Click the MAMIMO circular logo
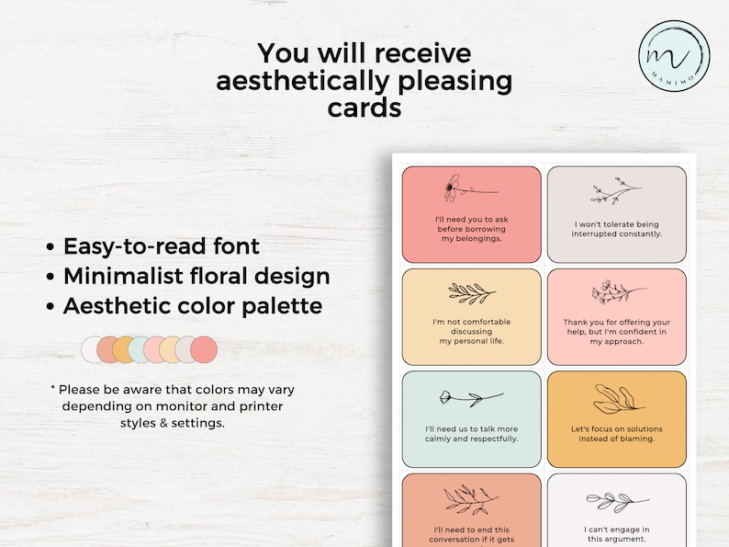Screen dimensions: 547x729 [675, 53]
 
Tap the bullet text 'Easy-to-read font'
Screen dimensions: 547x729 [162, 246]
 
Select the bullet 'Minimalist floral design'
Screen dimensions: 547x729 [196, 276]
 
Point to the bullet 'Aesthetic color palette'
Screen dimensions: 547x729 [193, 305]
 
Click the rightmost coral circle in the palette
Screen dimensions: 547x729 [204, 349]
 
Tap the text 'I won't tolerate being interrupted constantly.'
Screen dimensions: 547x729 [617, 228]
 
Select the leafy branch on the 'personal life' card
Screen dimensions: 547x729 [471, 293]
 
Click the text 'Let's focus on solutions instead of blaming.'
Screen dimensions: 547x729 [617, 433]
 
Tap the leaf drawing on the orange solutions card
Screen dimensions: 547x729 [617, 400]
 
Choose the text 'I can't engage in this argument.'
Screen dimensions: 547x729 [617, 534]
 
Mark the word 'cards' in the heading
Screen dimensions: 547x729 [364, 108]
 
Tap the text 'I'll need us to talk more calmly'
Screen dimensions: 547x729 [472, 433]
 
